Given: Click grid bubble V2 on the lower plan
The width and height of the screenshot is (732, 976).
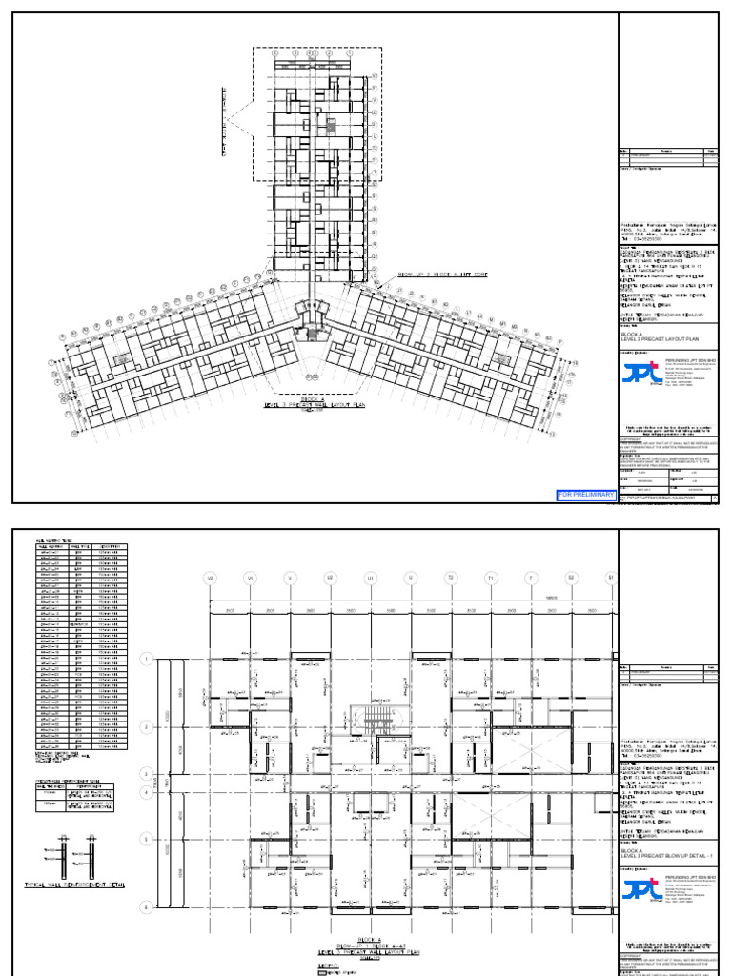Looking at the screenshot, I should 211,578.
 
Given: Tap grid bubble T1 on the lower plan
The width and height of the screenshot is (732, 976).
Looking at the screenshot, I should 491,578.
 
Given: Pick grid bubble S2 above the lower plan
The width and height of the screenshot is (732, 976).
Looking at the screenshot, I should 571,578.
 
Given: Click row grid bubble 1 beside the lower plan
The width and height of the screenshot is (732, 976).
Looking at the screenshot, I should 146,659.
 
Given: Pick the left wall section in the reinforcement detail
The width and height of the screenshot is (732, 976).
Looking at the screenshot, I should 61,853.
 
